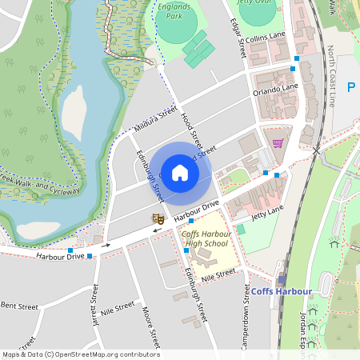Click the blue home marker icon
pos(180,172)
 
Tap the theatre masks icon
pos(158,217)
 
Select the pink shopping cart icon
pos(278,143)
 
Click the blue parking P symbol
pos(350,87)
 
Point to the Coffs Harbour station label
pos(281,291)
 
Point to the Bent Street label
pos(19,306)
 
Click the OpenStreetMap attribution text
pos(80,354)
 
